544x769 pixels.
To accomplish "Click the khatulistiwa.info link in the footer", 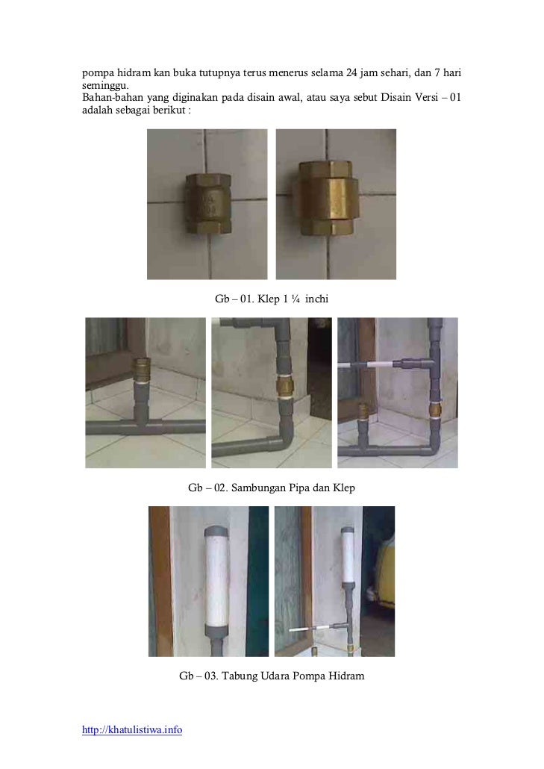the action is pyautogui.click(x=132, y=729).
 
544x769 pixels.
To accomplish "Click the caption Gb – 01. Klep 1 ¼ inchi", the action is pyautogui.click(x=272, y=299).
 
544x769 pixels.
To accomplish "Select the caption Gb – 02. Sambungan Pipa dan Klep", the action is pyautogui.click(x=272, y=488).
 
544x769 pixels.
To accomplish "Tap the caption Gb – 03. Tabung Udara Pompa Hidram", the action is pyautogui.click(x=272, y=676).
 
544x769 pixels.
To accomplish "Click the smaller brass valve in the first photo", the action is pyautogui.click(x=207, y=203).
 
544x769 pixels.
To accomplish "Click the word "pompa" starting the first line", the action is pyautogui.click(x=98, y=73).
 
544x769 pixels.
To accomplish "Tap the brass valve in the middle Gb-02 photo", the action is pyautogui.click(x=283, y=387).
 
